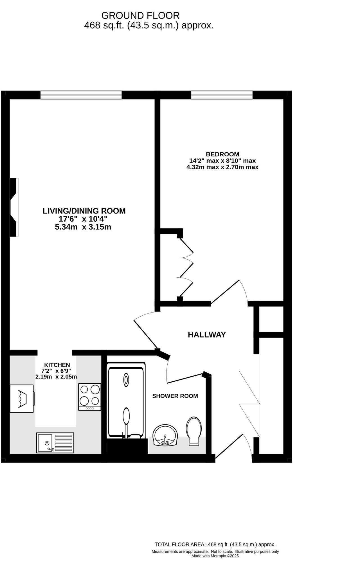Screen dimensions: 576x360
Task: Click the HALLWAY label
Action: [207, 335]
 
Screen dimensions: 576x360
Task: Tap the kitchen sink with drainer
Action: [55, 443]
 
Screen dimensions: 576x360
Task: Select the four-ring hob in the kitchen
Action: [89, 397]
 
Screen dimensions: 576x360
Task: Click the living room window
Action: [81, 95]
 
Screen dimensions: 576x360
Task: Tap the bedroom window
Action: [222, 95]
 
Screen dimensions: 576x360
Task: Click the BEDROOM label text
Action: [222, 154]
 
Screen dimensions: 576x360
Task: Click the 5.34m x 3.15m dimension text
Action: [83, 227]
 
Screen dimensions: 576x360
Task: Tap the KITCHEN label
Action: [57, 365]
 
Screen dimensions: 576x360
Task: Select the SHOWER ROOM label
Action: [175, 396]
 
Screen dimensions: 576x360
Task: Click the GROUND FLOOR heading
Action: [140, 15]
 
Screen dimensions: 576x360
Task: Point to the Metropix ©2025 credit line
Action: [215, 556]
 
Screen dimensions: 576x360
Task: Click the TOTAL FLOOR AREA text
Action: [215, 544]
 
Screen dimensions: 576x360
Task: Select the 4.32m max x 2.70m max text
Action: [222, 167]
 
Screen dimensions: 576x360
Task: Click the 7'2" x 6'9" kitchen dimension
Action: [56, 371]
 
